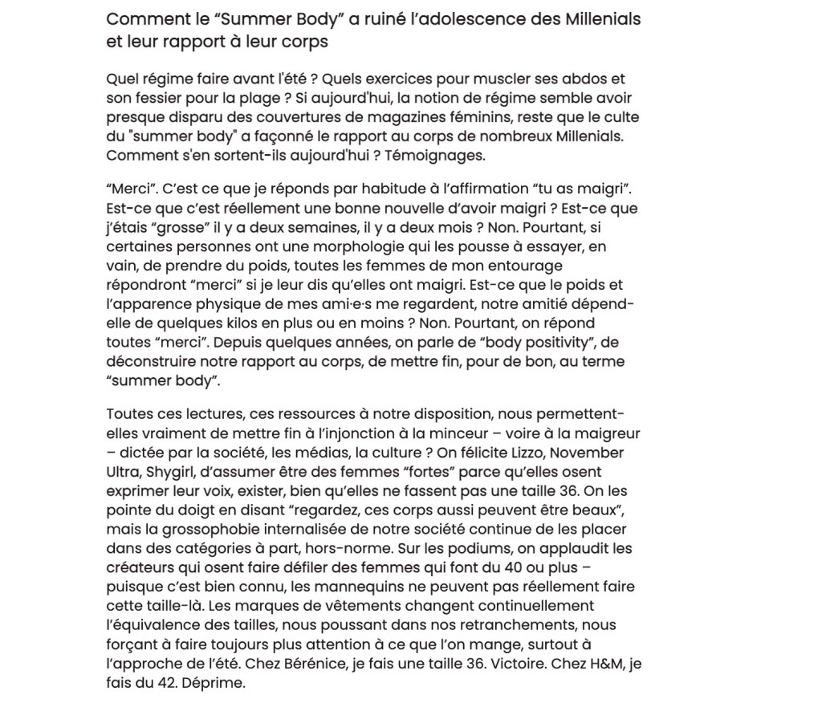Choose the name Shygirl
click(175, 472)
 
